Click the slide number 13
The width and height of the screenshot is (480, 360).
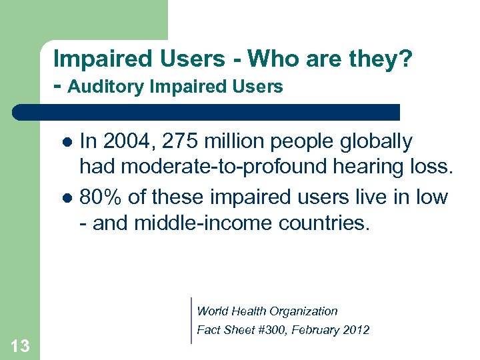20,345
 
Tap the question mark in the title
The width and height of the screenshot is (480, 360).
407,59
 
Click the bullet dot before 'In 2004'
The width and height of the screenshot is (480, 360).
66,143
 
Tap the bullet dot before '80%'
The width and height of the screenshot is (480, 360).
66,199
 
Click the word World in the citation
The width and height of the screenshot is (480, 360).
213,311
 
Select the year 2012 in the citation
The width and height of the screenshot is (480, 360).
355,330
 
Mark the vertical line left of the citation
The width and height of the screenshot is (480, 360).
191,320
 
